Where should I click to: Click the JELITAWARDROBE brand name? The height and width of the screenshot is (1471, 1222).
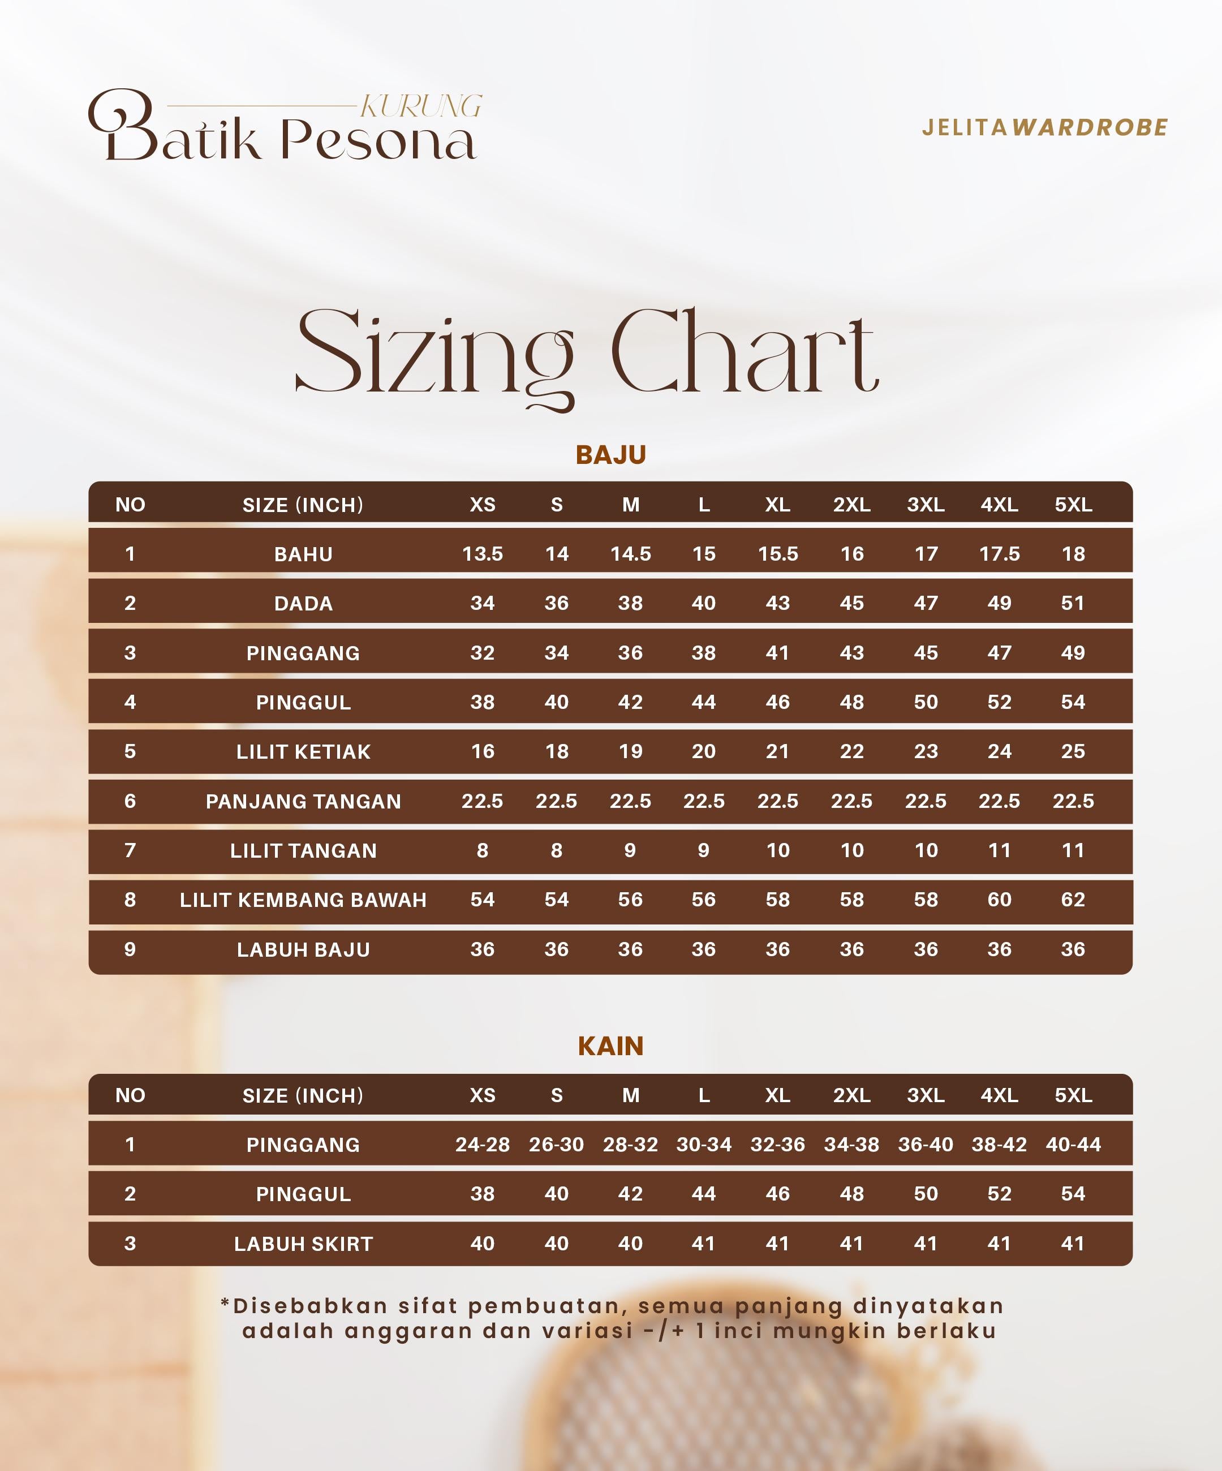click(1044, 127)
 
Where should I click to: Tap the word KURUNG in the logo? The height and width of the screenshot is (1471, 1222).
click(421, 106)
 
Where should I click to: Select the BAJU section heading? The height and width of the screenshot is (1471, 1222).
click(610, 455)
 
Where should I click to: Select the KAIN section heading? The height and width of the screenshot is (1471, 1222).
click(610, 1046)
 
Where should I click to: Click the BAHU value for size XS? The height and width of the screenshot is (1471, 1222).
click(483, 553)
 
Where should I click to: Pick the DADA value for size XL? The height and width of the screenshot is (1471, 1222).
click(777, 603)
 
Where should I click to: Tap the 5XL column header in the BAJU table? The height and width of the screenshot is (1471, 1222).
click(1073, 504)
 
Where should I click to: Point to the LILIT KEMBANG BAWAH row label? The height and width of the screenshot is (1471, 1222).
click(303, 900)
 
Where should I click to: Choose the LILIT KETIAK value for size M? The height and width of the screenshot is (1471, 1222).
click(630, 751)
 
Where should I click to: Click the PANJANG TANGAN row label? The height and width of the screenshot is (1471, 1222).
click(303, 801)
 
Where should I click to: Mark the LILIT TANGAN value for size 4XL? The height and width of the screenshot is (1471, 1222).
click(999, 850)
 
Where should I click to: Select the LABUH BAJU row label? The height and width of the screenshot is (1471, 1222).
click(303, 949)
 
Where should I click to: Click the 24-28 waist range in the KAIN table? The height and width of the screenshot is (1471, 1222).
click(483, 1145)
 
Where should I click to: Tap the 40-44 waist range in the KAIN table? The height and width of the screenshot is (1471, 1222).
click(1073, 1145)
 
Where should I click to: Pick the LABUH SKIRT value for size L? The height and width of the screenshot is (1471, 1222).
click(704, 1244)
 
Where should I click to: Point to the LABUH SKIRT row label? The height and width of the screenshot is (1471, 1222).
click(303, 1244)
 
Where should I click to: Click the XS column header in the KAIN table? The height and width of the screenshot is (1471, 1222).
click(483, 1095)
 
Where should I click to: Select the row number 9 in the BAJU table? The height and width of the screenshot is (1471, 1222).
click(130, 949)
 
